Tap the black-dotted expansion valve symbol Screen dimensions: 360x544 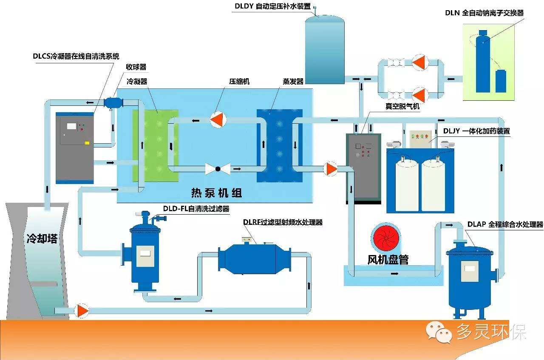[x=218, y=169]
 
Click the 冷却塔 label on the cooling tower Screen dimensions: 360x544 [x=42, y=239]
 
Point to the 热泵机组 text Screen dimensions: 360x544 [x=216, y=193]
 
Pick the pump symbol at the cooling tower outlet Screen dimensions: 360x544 [x=82, y=311]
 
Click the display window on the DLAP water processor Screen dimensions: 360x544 [x=470, y=268]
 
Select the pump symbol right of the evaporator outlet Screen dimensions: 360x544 [x=330, y=169]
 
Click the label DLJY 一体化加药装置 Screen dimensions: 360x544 [x=476, y=131]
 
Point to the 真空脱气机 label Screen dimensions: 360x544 [x=402, y=106]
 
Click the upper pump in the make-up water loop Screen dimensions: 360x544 [x=419, y=63]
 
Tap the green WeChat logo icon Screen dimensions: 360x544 [x=439, y=332]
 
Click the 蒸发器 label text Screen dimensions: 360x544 [x=293, y=81]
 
